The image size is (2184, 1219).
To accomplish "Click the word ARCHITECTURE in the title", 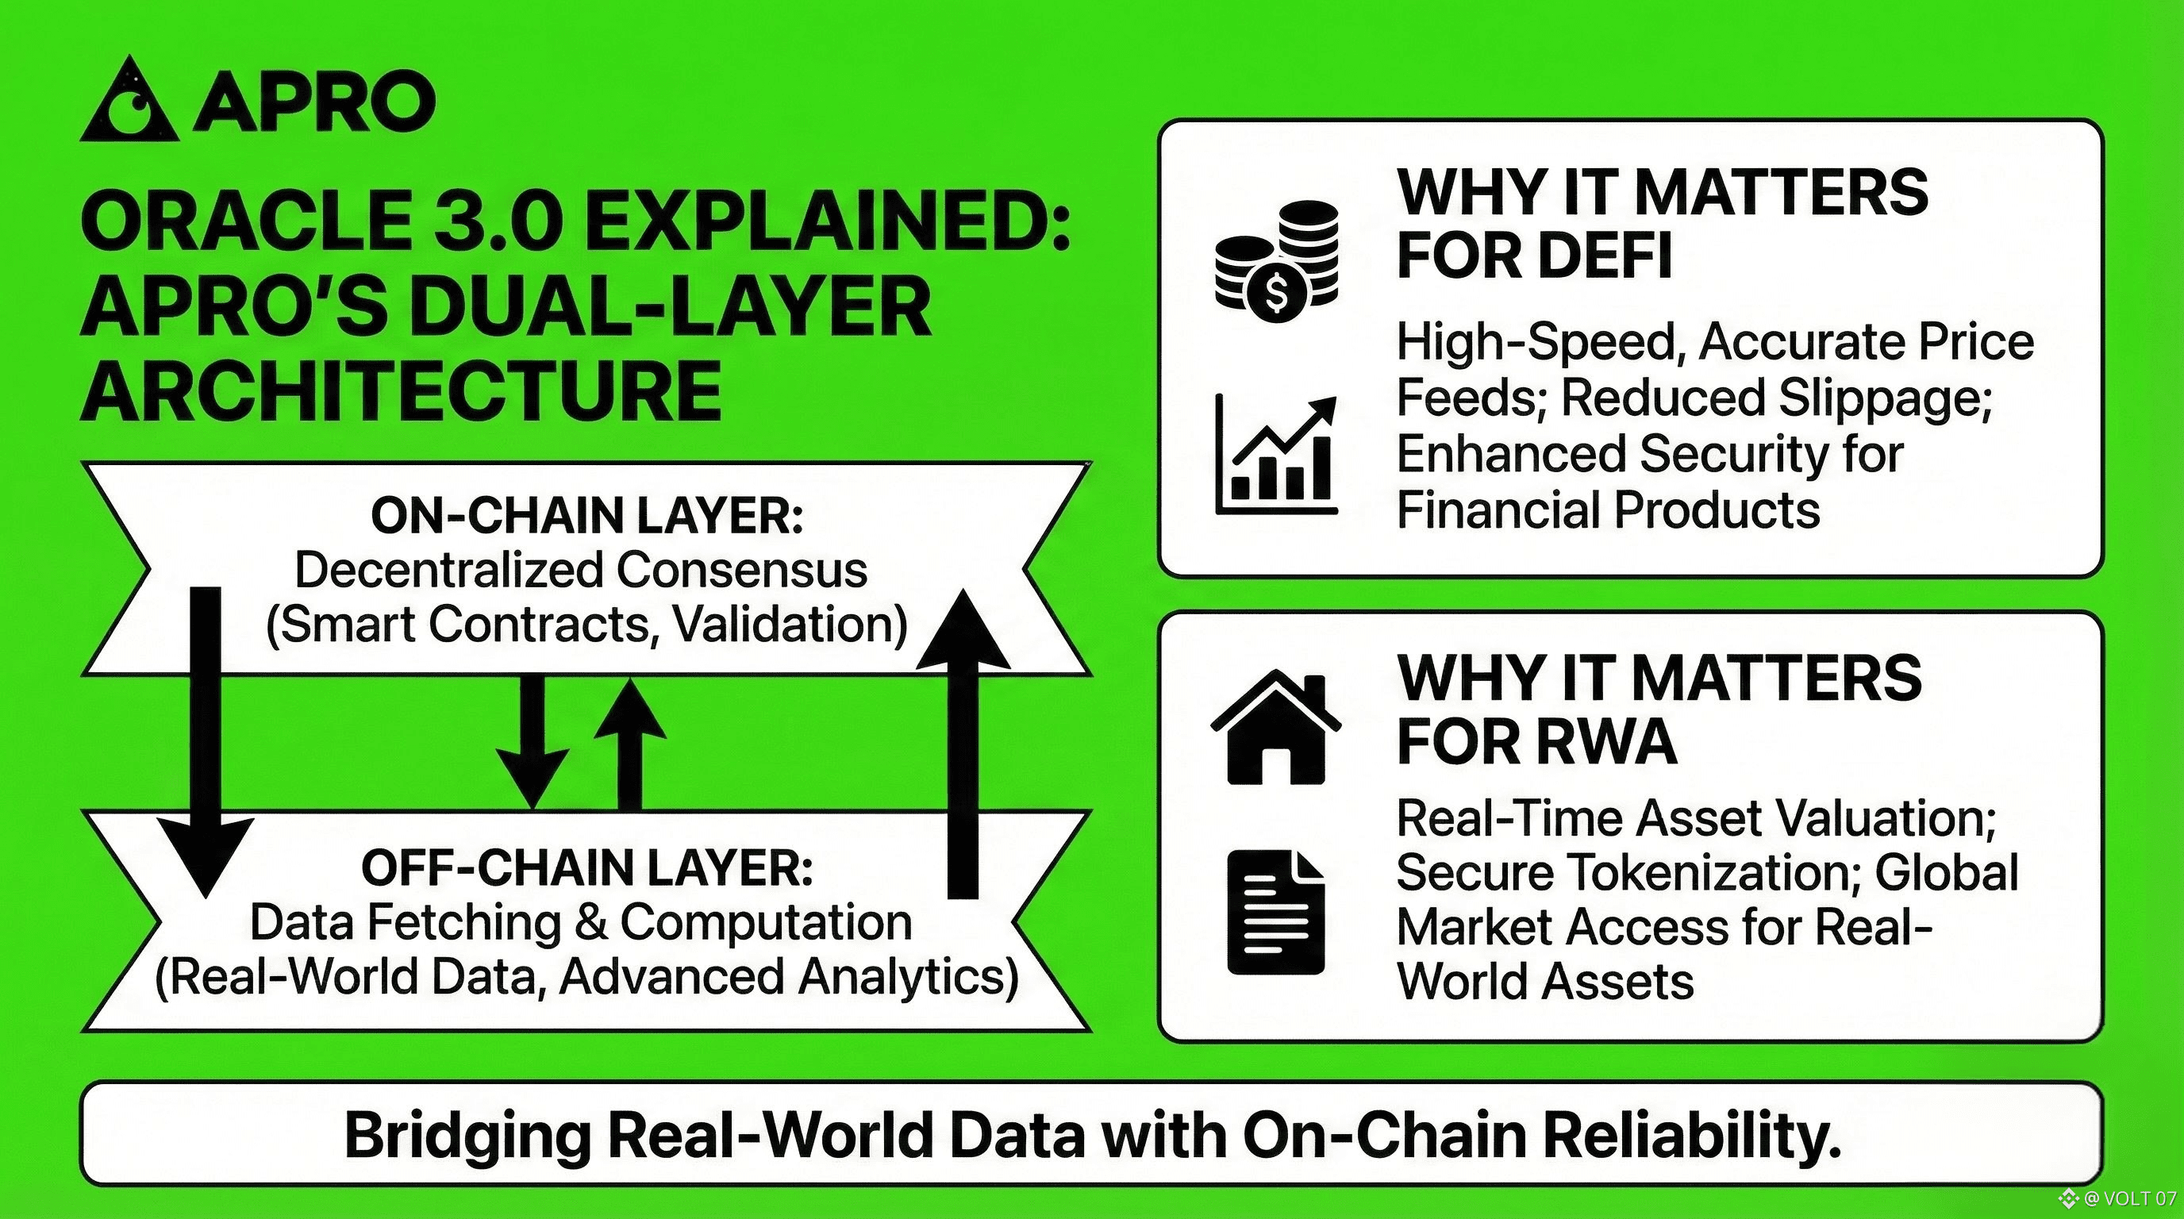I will [401, 390].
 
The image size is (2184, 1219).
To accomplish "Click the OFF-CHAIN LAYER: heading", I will [586, 868].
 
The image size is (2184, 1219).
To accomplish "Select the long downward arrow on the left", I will [203, 737].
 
